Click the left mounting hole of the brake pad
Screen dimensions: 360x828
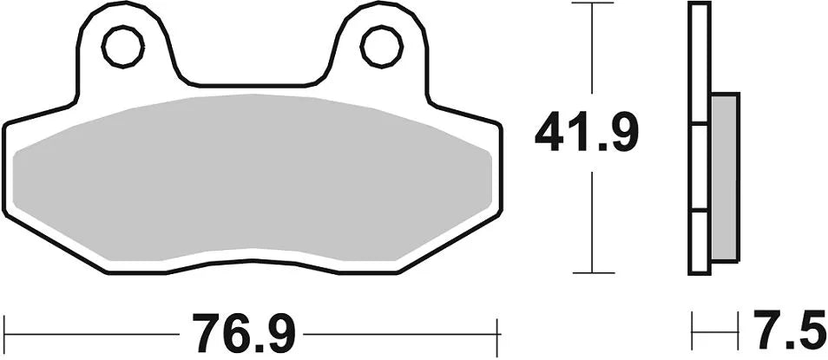[122, 46]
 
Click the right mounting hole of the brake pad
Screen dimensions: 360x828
[381, 46]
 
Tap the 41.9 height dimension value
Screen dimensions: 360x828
[587, 133]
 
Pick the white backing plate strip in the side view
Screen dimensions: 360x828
[700, 139]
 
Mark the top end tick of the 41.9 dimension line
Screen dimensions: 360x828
[591, 3]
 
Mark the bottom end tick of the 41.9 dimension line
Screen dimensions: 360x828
[591, 272]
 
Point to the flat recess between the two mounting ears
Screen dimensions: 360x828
[251, 86]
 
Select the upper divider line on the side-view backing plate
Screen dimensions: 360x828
[700, 126]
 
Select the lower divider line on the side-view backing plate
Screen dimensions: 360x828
[700, 211]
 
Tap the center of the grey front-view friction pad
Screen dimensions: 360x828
[252, 178]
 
